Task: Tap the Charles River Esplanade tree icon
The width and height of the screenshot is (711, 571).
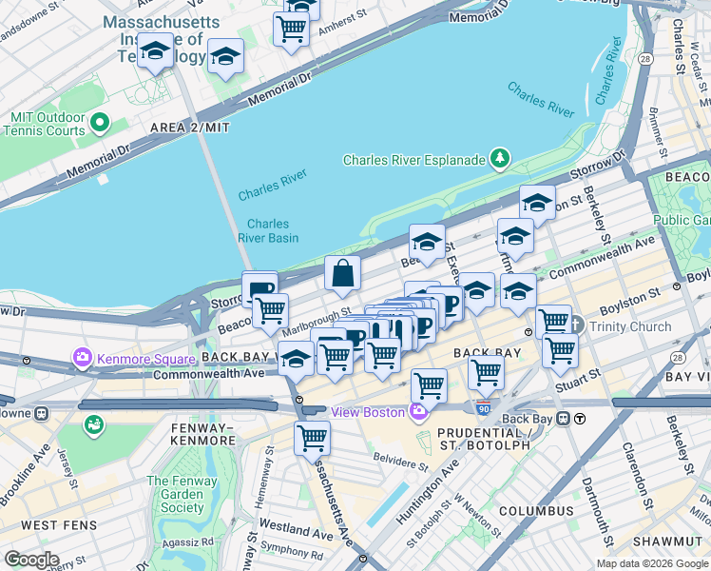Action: pyautogui.click(x=500, y=159)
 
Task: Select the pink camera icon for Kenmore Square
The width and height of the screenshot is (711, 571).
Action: pyautogui.click(x=82, y=359)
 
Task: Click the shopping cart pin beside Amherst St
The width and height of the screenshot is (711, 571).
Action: pyautogui.click(x=291, y=29)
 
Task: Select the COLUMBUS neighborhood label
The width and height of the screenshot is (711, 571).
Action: pyautogui.click(x=536, y=511)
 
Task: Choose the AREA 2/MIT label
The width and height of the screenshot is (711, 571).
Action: pyautogui.click(x=189, y=127)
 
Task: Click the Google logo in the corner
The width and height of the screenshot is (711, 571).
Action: pyautogui.click(x=30, y=560)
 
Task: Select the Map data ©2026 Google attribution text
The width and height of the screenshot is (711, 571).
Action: pyautogui.click(x=651, y=563)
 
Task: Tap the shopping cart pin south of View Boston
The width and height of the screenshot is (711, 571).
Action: pyautogui.click(x=312, y=439)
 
